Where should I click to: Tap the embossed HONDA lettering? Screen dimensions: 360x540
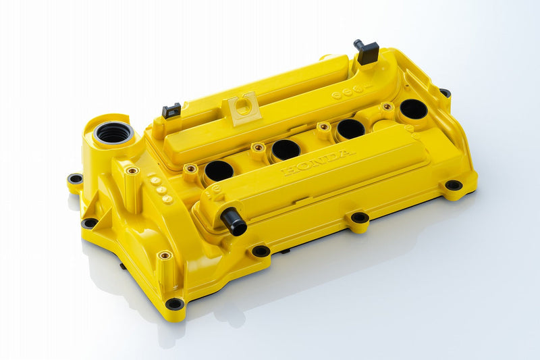[317, 162]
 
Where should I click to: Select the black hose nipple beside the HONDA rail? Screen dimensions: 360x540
[234, 222]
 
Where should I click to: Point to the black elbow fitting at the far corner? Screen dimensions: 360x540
[367, 51]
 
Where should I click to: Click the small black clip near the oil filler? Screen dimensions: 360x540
[171, 110]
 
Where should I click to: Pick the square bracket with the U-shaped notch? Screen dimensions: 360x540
[244, 107]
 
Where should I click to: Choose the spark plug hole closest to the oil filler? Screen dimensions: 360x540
[219, 171]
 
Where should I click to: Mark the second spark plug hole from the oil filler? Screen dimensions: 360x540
[286, 150]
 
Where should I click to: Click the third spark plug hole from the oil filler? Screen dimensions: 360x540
[351, 128]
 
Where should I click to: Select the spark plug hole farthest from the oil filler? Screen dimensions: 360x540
[412, 109]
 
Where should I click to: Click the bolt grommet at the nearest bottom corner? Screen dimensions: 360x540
[175, 304]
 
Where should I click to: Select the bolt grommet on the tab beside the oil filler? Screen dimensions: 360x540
[75, 179]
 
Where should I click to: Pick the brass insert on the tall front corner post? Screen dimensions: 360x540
[164, 255]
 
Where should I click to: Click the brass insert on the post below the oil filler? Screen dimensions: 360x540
[132, 171]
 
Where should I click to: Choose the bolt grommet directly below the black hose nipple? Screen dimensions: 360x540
[261, 251]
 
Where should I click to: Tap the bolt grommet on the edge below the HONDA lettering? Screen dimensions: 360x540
[359, 217]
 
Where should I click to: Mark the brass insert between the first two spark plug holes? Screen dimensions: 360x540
[257, 147]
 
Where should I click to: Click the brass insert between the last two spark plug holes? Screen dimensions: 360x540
[386, 106]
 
